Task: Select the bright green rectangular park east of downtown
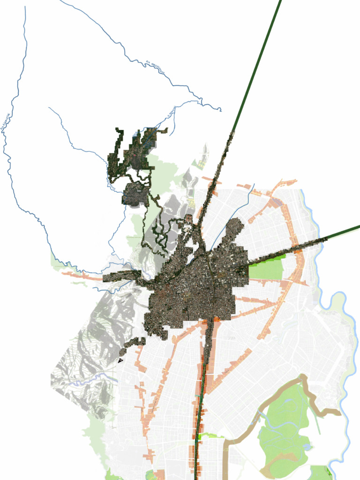[x=266, y=270]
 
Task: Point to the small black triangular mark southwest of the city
[x=121, y=360]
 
